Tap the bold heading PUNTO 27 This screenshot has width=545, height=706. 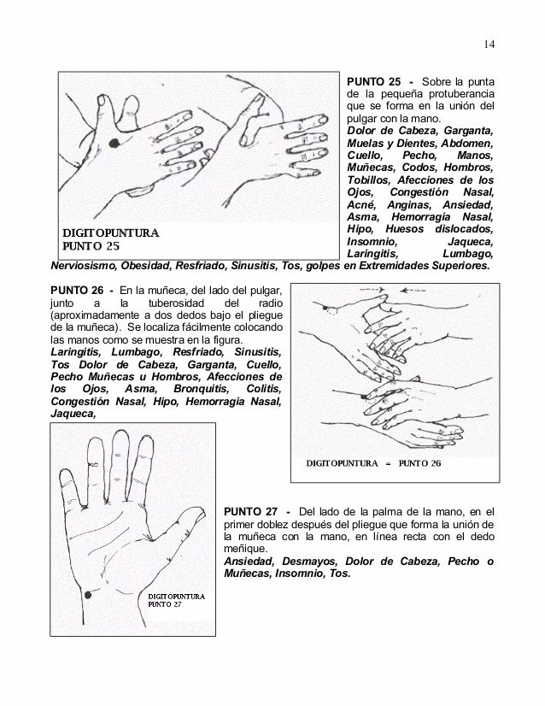click(x=248, y=511)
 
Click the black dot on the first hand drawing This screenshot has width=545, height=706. click(x=114, y=142)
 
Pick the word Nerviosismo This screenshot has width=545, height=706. click(x=86, y=265)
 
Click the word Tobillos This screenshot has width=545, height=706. click(x=370, y=180)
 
